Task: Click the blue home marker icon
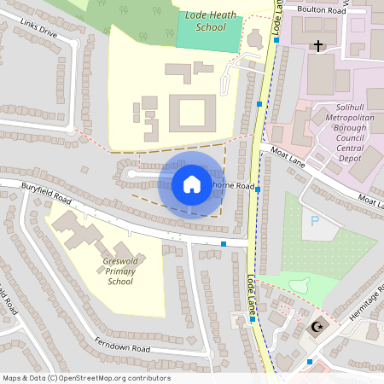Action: coord(191,184)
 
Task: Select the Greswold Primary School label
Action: coord(120,270)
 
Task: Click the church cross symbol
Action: coord(318,45)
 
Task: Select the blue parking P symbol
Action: coord(315,220)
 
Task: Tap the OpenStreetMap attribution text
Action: coord(86,378)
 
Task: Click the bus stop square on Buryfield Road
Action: coord(224,245)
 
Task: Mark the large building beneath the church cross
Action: coord(321,73)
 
